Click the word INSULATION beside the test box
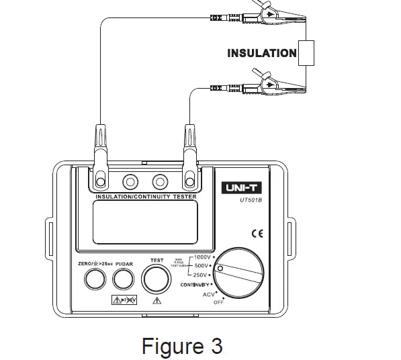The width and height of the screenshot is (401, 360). pos(261,52)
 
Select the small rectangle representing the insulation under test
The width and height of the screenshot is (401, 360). pos(306,52)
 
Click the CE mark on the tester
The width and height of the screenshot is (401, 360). pos(257,234)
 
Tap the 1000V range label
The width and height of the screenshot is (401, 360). pos(202,257)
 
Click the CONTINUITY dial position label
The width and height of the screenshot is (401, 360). pos(195,285)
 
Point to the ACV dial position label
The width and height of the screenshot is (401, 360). pos(210,294)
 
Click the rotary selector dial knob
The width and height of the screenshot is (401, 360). pos(240,273)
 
